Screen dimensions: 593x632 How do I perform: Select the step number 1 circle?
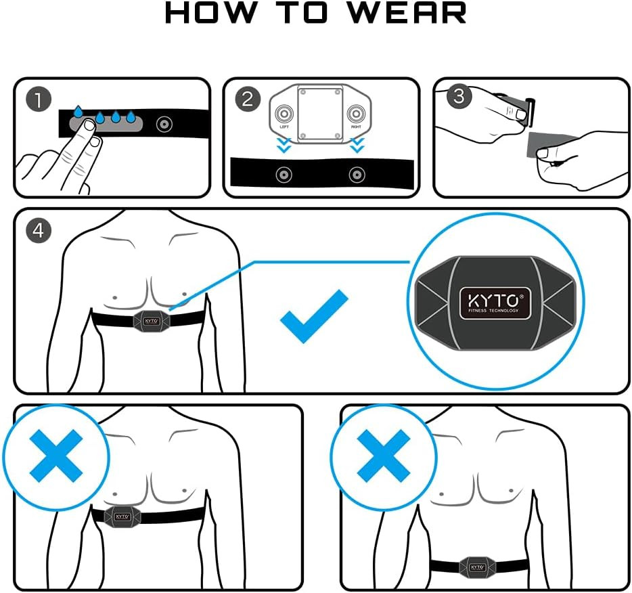(39, 100)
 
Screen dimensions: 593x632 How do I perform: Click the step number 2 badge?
(248, 100)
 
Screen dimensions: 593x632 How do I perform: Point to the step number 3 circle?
(459, 95)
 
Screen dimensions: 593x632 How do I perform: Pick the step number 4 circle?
(38, 230)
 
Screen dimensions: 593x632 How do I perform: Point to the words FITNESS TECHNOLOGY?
(494, 311)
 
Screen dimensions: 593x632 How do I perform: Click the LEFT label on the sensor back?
(284, 127)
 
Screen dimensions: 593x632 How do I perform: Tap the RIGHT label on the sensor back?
(356, 127)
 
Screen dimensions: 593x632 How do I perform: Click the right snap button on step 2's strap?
(356, 175)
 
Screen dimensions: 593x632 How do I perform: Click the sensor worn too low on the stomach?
(477, 566)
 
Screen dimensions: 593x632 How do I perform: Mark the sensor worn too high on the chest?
(122, 514)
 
